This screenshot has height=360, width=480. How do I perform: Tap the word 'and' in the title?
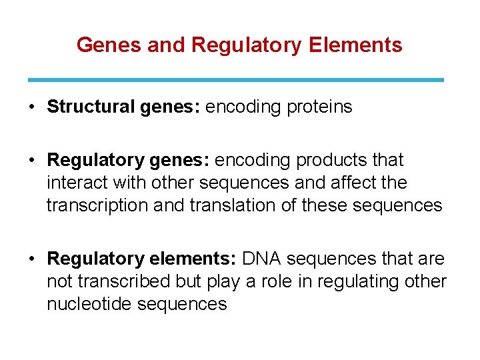point(166,45)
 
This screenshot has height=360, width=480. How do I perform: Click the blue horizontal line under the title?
point(235,80)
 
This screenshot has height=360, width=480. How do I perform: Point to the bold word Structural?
point(91,107)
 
